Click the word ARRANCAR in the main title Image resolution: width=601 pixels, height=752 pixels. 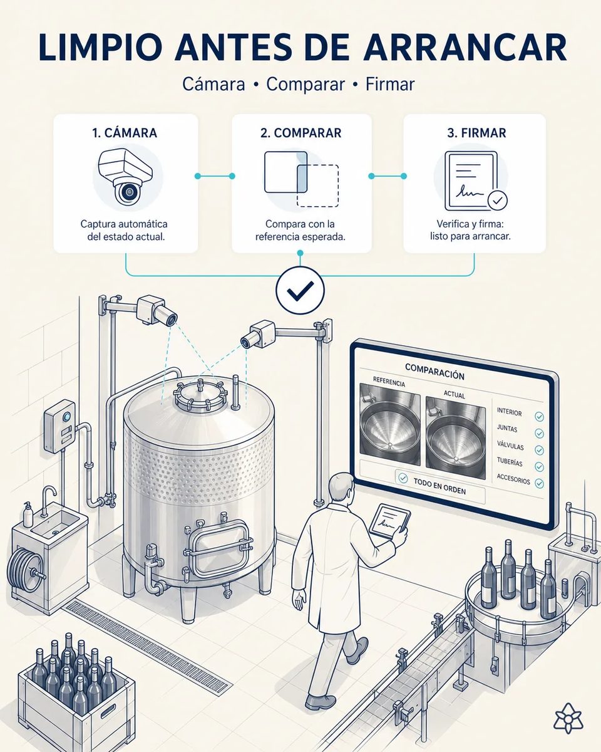point(465,48)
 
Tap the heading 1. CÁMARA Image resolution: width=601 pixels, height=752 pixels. point(125,133)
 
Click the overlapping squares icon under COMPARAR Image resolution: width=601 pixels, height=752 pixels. point(301,179)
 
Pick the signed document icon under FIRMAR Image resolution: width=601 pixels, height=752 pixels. point(476,181)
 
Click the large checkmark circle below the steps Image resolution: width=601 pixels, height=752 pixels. point(300,290)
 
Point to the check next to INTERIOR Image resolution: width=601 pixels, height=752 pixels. point(539,417)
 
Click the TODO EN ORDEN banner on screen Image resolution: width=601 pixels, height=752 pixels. point(439,486)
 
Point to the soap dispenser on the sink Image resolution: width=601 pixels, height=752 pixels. point(28,514)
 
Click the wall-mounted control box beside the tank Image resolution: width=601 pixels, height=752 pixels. point(59,427)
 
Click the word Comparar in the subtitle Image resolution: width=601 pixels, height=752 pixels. point(306,84)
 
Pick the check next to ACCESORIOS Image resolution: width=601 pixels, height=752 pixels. point(540,483)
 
